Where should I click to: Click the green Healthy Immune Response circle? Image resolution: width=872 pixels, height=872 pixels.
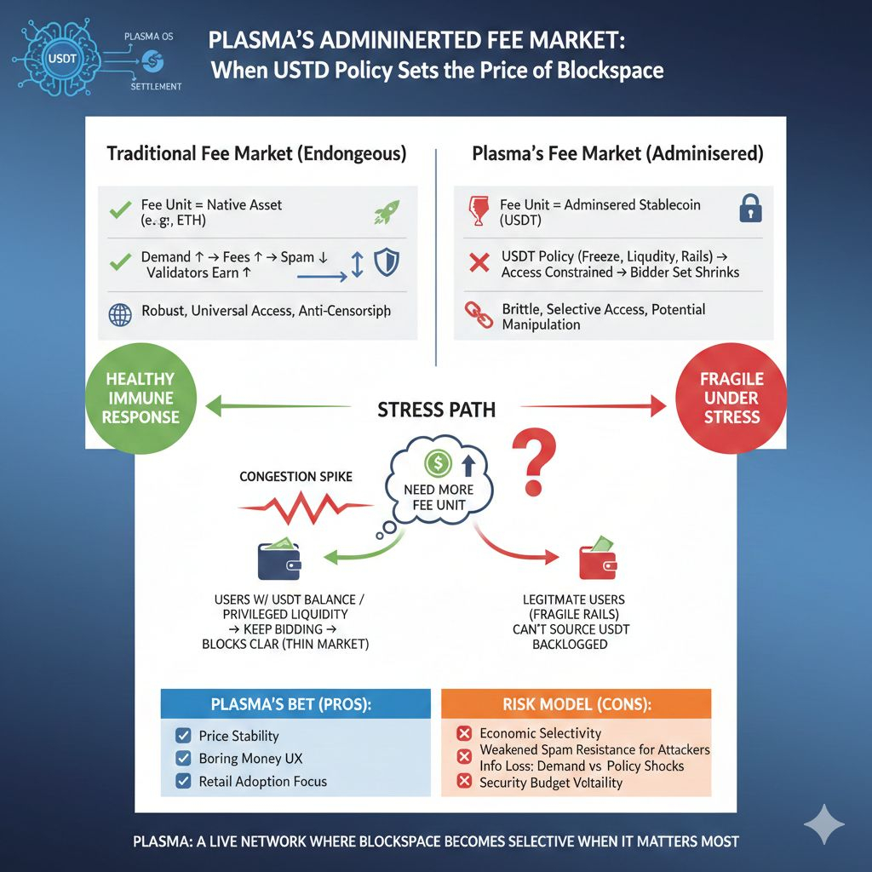point(141,398)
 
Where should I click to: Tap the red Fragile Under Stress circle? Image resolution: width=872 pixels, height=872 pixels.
point(731,398)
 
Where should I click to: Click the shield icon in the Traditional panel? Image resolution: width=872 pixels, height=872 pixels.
point(387,262)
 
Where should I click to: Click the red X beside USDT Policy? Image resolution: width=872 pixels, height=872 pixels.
point(479,263)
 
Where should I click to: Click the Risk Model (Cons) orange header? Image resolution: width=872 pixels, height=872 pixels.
point(576,705)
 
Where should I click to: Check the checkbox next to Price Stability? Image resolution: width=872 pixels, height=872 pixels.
point(181,736)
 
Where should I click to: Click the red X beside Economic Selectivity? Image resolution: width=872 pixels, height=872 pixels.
point(464,733)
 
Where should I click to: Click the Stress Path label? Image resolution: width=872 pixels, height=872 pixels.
point(435,410)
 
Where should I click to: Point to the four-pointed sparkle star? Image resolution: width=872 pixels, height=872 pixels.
point(824,823)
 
